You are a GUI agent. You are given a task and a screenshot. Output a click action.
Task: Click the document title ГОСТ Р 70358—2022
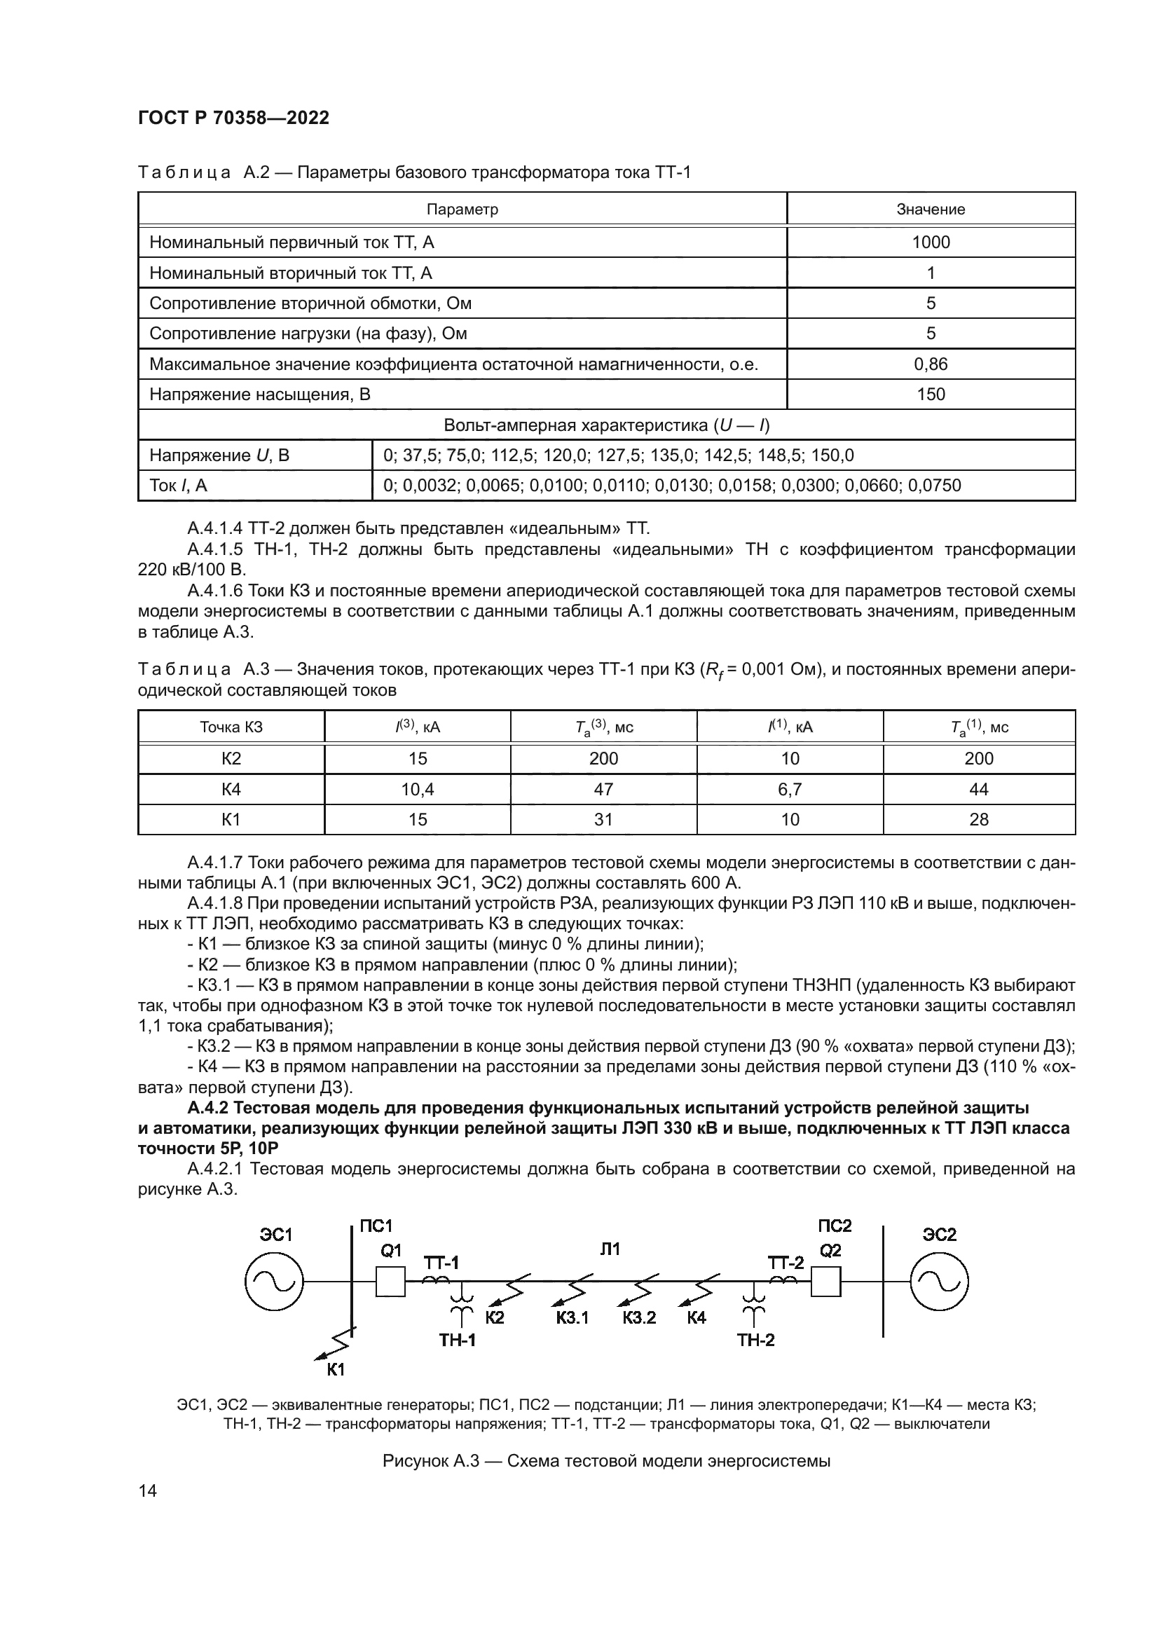[233, 118]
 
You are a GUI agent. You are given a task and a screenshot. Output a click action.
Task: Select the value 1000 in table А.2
[931, 242]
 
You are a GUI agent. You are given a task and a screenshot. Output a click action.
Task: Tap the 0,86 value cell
[931, 364]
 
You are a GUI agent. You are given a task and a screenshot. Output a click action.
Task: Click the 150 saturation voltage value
[931, 394]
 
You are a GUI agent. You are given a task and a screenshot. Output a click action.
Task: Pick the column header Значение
[931, 209]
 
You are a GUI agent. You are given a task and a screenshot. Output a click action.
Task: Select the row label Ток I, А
[179, 486]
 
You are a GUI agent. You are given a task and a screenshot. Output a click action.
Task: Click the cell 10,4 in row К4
[418, 789]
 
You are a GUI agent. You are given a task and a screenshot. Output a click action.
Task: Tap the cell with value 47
[603, 789]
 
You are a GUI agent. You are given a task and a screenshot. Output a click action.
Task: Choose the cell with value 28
[978, 820]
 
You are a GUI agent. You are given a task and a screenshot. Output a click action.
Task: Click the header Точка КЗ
[231, 727]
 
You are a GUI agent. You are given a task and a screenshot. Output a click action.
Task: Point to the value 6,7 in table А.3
[790, 789]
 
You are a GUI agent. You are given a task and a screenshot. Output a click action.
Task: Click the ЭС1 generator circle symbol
[274, 1282]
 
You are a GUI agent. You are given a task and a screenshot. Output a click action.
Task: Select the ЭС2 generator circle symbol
[938, 1282]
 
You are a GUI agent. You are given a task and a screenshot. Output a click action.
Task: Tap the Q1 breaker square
[390, 1282]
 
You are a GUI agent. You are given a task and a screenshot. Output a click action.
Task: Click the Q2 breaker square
[825, 1282]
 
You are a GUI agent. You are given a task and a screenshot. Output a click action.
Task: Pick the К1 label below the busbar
[336, 1369]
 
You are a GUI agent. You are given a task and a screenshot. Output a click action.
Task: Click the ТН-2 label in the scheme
[756, 1340]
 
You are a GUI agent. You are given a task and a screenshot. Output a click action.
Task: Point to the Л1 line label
[610, 1249]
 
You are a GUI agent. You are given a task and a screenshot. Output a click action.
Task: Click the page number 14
[148, 1490]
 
